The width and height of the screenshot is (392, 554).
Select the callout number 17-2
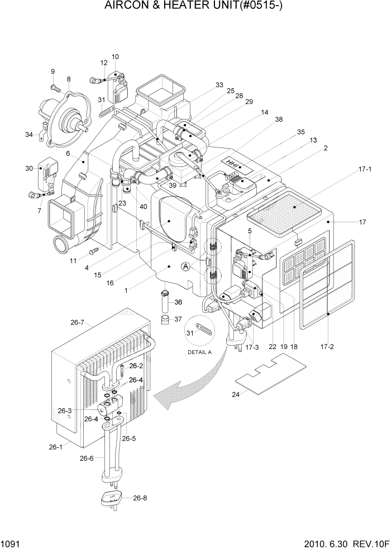tap(328, 346)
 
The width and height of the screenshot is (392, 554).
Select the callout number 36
tap(178, 302)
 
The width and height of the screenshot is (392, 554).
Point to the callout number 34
tap(28, 134)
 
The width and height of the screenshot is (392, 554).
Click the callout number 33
tap(219, 85)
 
